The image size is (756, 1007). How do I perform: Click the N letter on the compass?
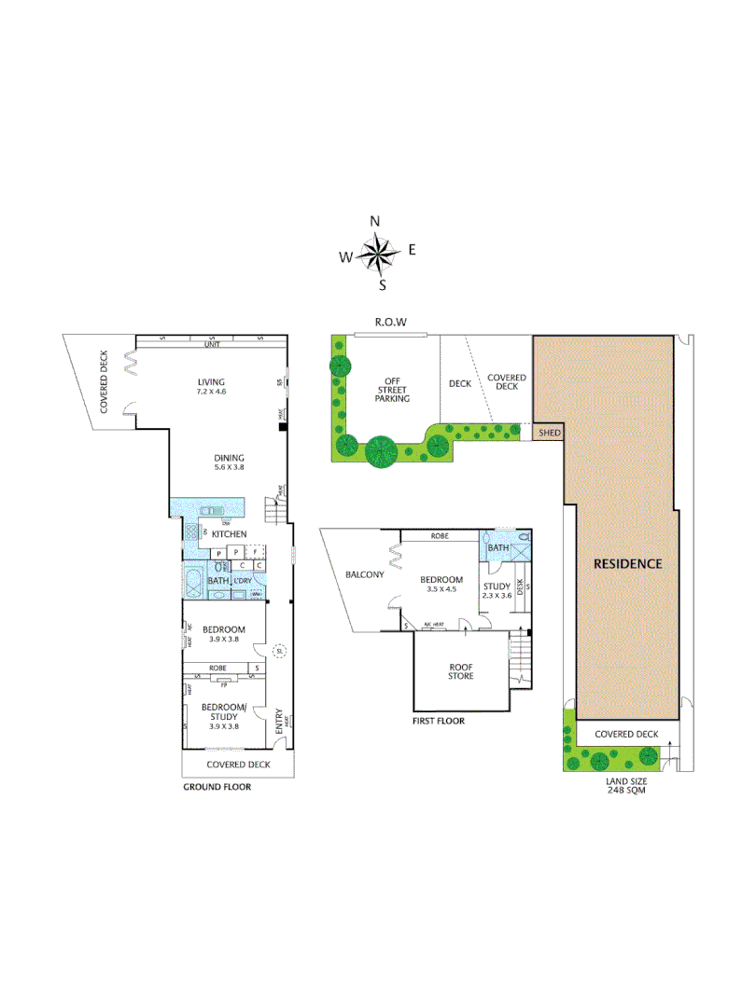click(x=375, y=221)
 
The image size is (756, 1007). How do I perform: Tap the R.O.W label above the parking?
click(x=390, y=322)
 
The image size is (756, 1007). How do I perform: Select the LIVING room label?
click(x=212, y=381)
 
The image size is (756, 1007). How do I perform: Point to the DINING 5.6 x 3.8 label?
click(x=229, y=462)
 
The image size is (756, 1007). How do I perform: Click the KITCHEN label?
click(x=229, y=533)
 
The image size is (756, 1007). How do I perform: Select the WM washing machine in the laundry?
click(x=257, y=593)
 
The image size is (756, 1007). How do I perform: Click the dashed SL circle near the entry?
click(x=277, y=652)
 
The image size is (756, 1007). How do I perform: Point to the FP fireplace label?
click(x=223, y=683)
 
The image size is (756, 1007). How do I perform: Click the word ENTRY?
click(x=278, y=725)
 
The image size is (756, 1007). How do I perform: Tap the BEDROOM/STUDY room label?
click(x=223, y=711)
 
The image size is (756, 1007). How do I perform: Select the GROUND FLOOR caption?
click(x=217, y=787)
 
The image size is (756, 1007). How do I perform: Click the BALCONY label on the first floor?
click(x=364, y=574)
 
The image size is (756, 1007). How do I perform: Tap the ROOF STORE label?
click(x=459, y=670)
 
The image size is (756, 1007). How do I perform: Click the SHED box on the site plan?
click(x=548, y=433)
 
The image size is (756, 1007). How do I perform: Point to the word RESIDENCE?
click(x=628, y=564)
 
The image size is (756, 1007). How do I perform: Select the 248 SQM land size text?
click(x=625, y=790)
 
